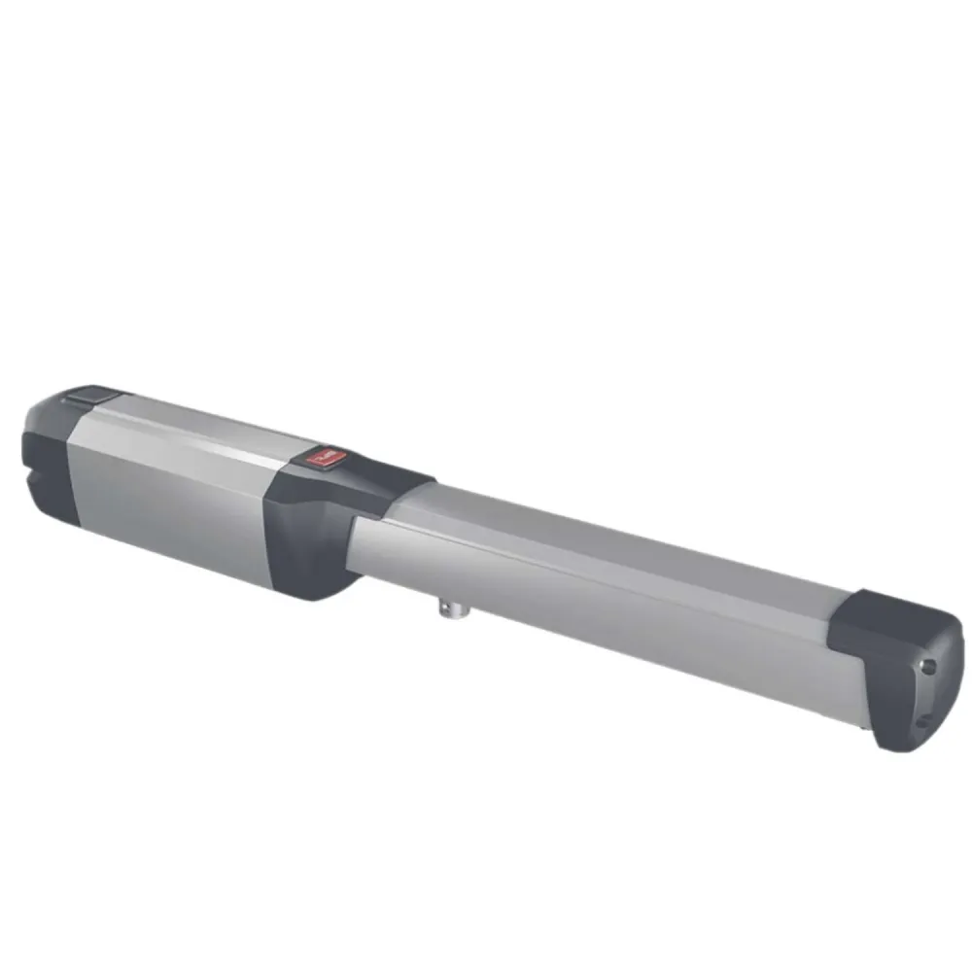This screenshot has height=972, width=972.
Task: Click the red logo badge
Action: [321, 455]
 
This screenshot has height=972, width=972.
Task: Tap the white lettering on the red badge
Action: [322, 454]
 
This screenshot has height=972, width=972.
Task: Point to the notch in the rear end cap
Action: [37, 478]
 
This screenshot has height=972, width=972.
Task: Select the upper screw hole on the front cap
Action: [929, 667]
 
